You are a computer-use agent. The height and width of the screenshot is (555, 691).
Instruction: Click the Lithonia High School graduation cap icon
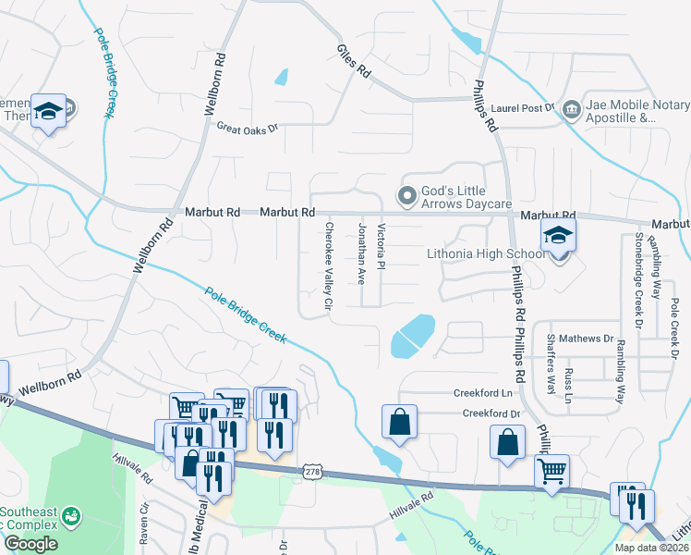point(559,236)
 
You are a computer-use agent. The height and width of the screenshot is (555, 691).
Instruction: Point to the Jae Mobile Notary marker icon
point(571,110)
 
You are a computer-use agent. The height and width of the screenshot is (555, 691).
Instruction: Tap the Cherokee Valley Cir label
point(327,265)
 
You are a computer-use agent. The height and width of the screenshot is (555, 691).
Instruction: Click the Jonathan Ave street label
point(361,253)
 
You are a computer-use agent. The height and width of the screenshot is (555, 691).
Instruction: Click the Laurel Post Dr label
point(522,108)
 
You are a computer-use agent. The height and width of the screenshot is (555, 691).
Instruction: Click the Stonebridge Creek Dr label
point(637,278)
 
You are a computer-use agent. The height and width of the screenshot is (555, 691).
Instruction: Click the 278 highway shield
point(313,472)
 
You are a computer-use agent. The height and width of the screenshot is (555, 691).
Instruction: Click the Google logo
point(30,544)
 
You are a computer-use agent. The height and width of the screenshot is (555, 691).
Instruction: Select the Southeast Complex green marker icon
point(71,514)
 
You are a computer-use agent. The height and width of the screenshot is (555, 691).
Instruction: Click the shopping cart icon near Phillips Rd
point(552,471)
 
